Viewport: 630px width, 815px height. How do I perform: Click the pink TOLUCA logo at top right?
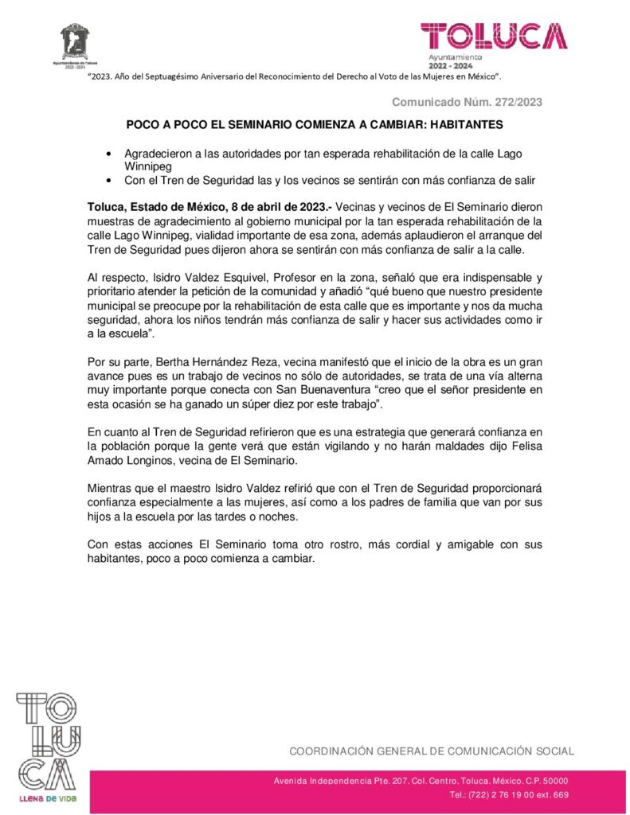[495, 36]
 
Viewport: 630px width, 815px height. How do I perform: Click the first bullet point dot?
[109, 153]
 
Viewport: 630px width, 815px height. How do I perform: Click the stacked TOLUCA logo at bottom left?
[48, 740]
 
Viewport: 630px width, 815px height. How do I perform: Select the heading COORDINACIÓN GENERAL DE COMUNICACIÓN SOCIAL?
[431, 751]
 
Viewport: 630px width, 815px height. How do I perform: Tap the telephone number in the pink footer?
[508, 795]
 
